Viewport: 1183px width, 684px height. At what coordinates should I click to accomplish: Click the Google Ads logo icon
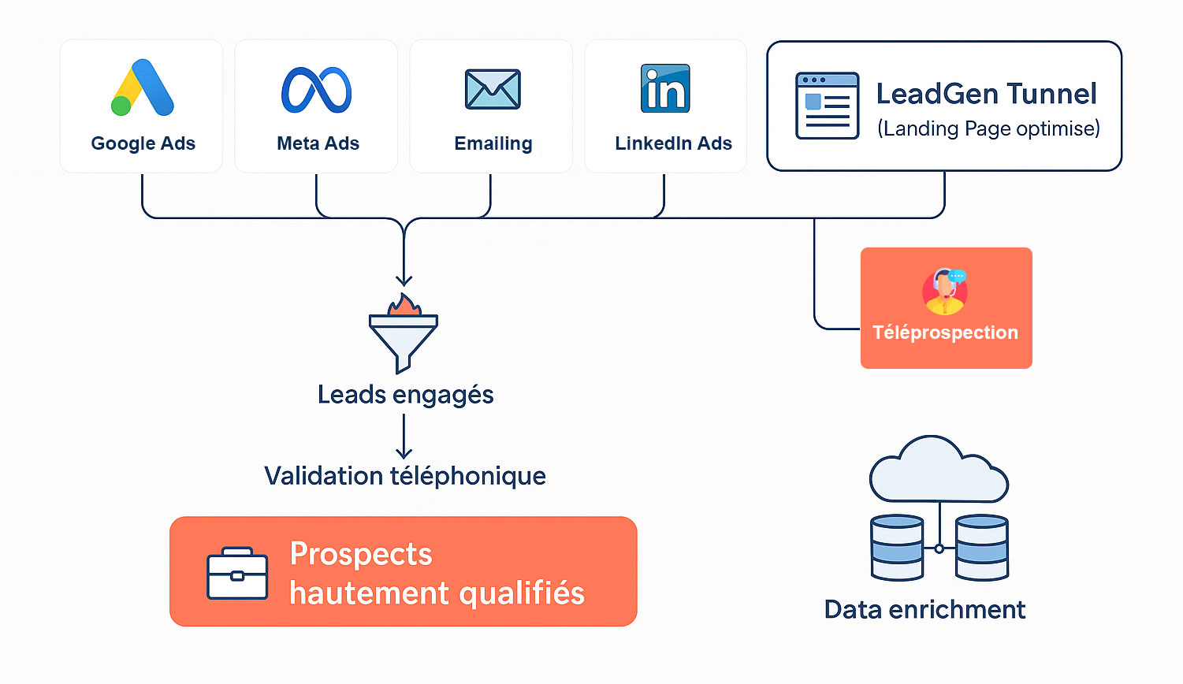143,87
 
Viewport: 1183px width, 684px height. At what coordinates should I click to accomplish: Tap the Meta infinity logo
317,90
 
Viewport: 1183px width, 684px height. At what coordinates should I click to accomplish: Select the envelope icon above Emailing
493,89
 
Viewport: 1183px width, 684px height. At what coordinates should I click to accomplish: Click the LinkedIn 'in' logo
665,88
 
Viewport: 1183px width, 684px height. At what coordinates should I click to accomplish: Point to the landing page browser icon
827,106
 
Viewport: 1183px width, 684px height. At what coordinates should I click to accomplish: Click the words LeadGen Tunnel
986,94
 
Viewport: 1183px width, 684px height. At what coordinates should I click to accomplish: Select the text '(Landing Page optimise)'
988,128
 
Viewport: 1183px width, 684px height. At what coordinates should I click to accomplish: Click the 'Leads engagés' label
405,394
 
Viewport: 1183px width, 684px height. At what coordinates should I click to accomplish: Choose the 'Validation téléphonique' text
405,476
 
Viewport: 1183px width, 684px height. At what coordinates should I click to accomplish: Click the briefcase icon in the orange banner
237,574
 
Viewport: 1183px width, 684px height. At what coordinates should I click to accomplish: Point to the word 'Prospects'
361,554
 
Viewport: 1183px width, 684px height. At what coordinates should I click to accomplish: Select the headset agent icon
945,291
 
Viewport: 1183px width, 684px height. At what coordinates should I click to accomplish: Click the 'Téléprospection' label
945,333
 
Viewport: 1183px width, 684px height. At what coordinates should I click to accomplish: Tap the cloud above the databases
938,471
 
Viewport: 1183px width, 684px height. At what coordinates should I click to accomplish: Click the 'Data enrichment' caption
924,609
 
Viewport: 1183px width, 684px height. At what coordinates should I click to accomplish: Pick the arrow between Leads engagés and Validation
404,437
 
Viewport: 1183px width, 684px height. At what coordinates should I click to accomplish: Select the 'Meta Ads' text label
318,143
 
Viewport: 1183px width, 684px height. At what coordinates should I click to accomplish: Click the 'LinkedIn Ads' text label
673,143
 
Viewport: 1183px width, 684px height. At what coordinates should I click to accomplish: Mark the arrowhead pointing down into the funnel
404,280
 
